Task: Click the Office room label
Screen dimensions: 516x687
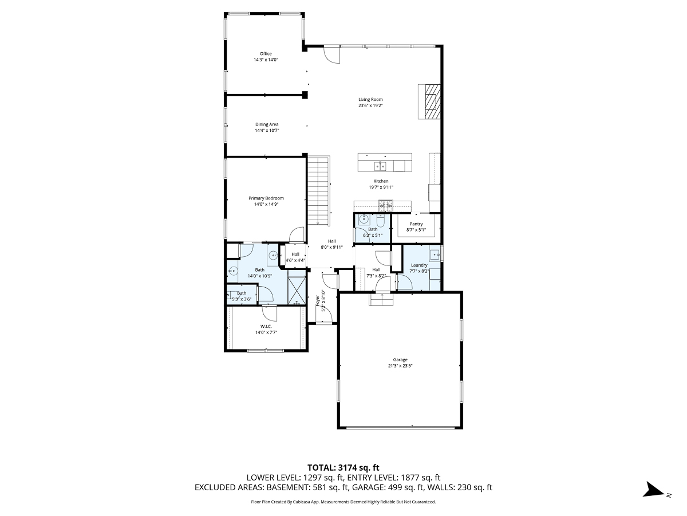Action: pyautogui.click(x=266, y=54)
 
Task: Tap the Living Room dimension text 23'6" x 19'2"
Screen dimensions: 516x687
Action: pyautogui.click(x=370, y=105)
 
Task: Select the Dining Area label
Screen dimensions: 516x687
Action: pyautogui.click(x=267, y=124)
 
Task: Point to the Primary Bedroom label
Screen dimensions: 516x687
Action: pyautogui.click(x=266, y=198)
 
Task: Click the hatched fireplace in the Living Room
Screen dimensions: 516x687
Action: pyautogui.click(x=432, y=101)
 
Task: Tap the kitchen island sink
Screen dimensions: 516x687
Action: pyautogui.click(x=381, y=166)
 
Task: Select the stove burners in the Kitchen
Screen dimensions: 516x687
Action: pyautogui.click(x=385, y=204)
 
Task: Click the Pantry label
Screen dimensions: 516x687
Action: pyautogui.click(x=416, y=224)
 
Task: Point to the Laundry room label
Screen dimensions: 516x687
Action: pyautogui.click(x=419, y=265)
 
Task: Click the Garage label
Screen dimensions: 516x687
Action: pyautogui.click(x=400, y=359)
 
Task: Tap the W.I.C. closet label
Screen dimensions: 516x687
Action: pyautogui.click(x=266, y=326)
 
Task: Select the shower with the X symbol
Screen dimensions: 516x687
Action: pyautogui.click(x=297, y=290)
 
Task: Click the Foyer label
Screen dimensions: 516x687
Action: pyautogui.click(x=318, y=300)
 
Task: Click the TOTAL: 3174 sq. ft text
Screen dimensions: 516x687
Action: pyautogui.click(x=343, y=467)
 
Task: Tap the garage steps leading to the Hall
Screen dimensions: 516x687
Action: pyautogui.click(x=380, y=300)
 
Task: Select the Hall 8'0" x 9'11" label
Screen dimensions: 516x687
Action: pyautogui.click(x=332, y=241)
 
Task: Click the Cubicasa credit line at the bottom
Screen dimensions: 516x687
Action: pyautogui.click(x=343, y=502)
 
